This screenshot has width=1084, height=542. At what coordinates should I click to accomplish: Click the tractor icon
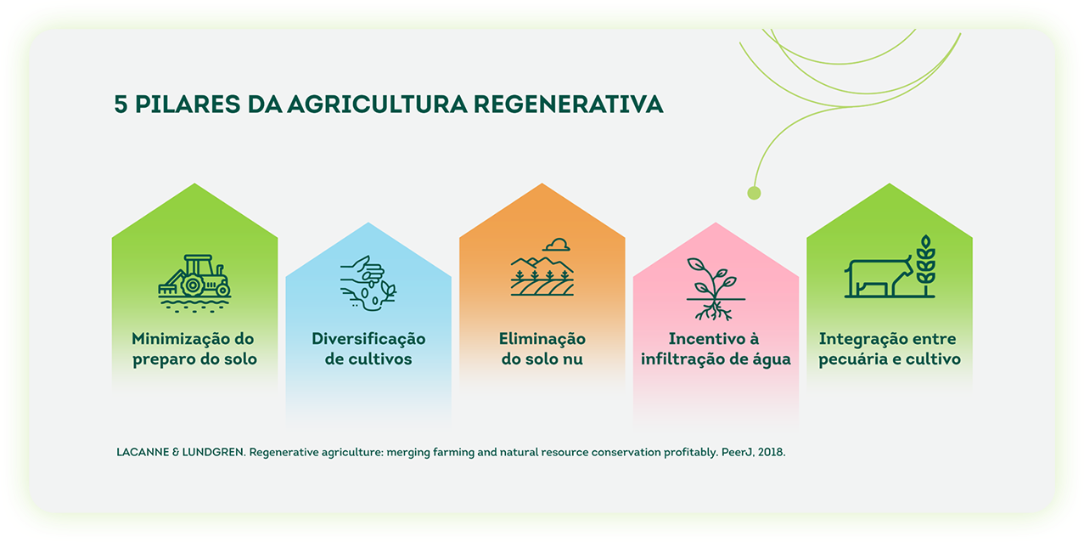[194, 284]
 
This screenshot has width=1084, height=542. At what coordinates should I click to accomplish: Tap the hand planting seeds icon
[368, 284]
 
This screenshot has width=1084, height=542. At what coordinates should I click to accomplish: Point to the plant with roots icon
[716, 289]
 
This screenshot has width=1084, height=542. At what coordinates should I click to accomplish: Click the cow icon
[879, 278]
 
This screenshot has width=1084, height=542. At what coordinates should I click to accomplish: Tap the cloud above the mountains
[557, 245]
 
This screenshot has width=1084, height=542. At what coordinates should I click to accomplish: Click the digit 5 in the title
[121, 104]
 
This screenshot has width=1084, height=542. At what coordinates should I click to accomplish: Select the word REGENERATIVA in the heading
[568, 104]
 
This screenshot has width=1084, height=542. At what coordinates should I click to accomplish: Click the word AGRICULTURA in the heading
[378, 104]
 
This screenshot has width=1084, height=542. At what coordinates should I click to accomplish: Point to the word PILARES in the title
[188, 104]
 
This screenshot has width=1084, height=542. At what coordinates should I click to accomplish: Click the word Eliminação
[542, 339]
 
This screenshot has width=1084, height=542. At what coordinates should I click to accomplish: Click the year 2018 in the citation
[772, 453]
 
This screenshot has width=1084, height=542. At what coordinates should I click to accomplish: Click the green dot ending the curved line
[754, 193]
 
